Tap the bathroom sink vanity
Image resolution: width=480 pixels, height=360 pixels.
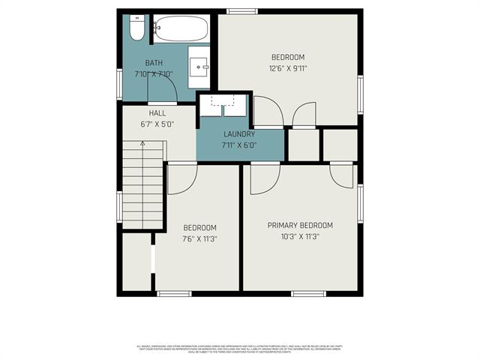click(201, 66)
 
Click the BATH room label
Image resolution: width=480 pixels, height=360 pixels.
click(154, 63)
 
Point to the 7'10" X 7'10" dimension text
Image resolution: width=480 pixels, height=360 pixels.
click(153, 74)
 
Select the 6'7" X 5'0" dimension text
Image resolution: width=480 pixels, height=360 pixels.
click(157, 124)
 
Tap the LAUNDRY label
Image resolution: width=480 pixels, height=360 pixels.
click(239, 135)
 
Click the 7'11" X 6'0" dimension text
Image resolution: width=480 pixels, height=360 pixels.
click(239, 145)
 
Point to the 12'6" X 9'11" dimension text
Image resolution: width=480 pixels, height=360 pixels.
click(288, 68)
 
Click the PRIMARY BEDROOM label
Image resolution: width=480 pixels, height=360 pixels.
click(300, 225)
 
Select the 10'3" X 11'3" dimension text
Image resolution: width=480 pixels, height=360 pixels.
click(300, 236)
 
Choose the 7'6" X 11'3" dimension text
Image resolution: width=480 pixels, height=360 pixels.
click(199, 239)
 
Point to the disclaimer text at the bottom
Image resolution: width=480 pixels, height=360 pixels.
click(240, 349)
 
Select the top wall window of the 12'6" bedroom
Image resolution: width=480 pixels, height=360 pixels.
click(238, 10)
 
